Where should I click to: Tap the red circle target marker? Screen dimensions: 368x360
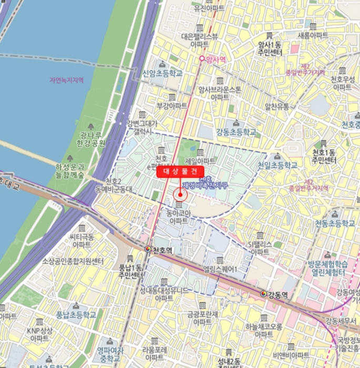(x=180, y=195)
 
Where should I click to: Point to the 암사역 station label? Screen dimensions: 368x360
(x=215, y=60)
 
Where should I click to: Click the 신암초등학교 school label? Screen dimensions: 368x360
(x=162, y=74)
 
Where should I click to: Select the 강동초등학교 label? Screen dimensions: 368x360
(x=236, y=132)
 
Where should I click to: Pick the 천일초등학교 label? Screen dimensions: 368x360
(x=277, y=165)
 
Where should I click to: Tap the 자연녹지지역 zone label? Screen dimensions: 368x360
(x=67, y=80)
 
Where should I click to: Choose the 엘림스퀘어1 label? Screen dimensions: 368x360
(x=220, y=270)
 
